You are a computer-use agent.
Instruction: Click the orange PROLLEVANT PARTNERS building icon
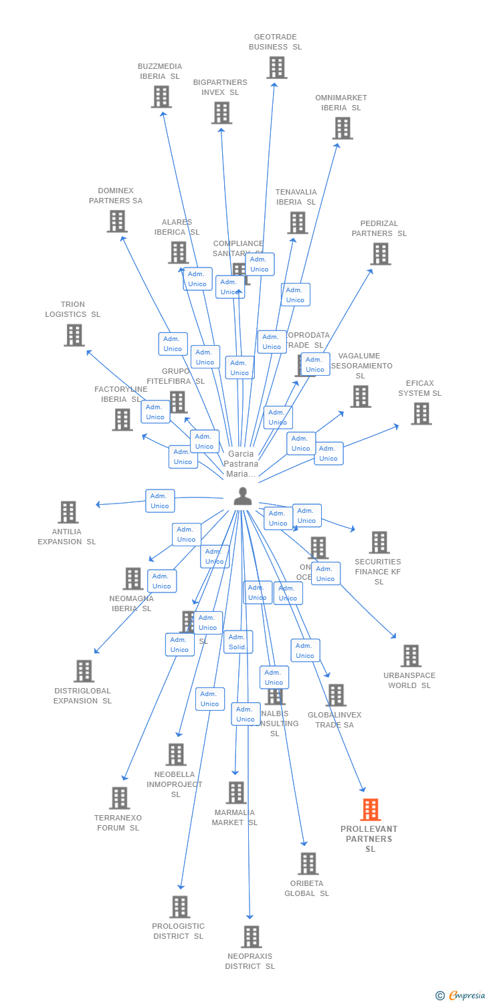pos(370,810)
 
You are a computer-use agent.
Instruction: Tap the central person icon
pos(242,496)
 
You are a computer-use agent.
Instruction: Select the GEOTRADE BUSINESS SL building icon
pos(276,68)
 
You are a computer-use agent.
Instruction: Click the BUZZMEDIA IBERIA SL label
pos(160,72)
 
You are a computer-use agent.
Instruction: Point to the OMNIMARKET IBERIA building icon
pos(342,128)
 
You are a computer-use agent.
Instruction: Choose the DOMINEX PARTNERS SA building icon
pos(117,221)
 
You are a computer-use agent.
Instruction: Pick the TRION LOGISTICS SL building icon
pos(74,335)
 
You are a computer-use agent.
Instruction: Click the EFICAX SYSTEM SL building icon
pos(421,414)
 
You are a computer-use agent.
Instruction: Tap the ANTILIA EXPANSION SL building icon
pos(68,512)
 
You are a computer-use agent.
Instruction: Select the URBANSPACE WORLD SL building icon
pos(411,656)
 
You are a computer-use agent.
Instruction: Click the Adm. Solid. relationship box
pos(238,642)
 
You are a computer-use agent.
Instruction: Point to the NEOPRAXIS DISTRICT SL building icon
pos(251,937)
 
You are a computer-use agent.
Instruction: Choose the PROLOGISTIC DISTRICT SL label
pos(178,931)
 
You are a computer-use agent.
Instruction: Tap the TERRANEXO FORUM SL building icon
pos(120,798)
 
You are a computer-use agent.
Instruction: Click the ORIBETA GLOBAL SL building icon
pos(308,863)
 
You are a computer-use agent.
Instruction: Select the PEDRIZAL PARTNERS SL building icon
pos(381,254)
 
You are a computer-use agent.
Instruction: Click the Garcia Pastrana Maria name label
pos(240,464)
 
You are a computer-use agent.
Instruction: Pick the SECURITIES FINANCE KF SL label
pos(378,572)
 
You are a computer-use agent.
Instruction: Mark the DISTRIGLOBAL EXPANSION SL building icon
pos(84,671)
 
